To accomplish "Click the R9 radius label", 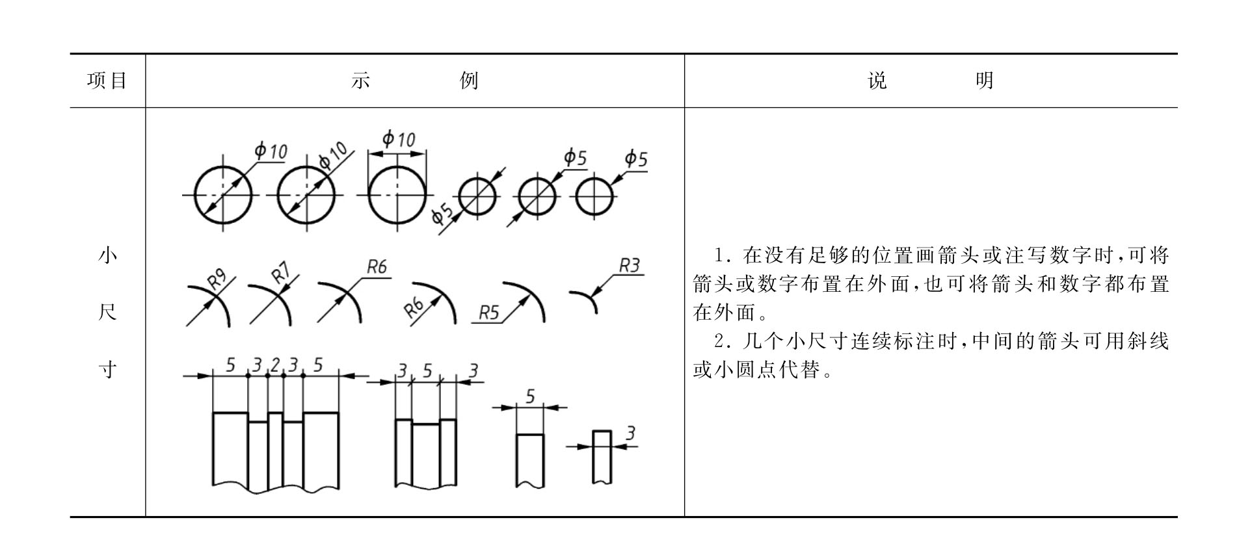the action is (217, 279).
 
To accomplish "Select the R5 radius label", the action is (488, 313).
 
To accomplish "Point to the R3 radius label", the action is (629, 265).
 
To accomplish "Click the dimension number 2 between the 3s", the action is (275, 366).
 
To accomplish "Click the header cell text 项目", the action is (107, 81).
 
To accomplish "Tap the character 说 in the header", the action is (877, 81).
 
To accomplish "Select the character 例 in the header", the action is (469, 81).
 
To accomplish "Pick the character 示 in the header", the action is (360, 81).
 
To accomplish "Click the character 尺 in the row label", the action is (107, 313).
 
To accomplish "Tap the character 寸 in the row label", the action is (107, 370).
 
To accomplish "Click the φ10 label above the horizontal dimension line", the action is (398, 139).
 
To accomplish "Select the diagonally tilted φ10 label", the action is (333, 156).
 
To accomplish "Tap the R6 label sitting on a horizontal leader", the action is (377, 266).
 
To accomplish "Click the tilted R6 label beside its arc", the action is (414, 306).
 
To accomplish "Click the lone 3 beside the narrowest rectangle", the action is (630, 433).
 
